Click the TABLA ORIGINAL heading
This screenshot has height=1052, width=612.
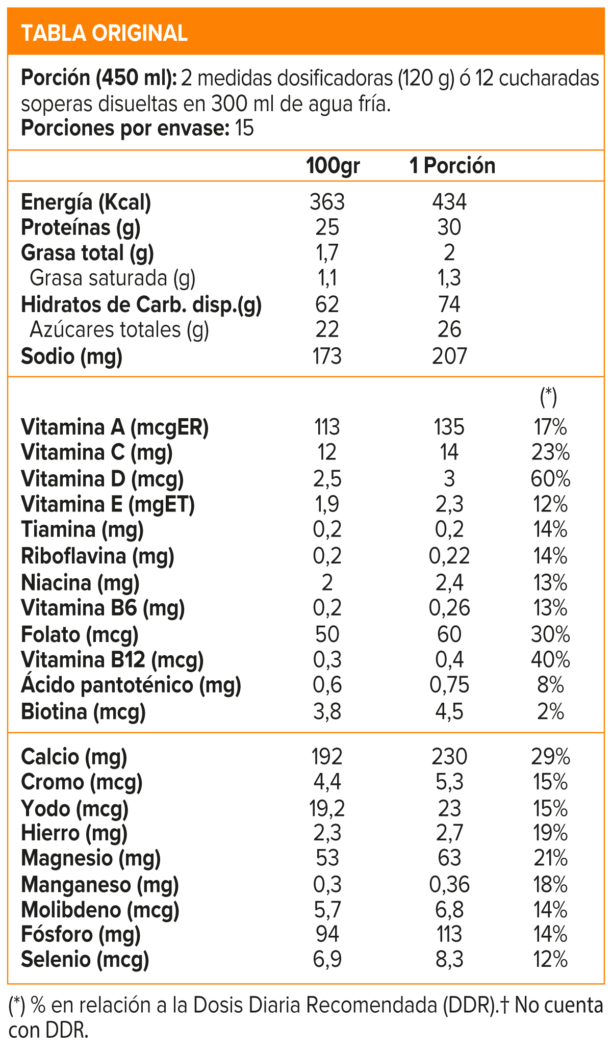coord(105,33)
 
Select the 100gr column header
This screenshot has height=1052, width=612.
coord(333,166)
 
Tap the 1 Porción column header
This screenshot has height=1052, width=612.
coord(452,166)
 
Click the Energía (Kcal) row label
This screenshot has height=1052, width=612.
coord(86,202)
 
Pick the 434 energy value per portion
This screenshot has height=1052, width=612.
coord(449,202)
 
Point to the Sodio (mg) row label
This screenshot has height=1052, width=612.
coord(71,356)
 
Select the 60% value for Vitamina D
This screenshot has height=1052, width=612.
coord(550,479)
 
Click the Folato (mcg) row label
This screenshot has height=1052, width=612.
coord(80,634)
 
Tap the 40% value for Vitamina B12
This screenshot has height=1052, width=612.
coord(550,660)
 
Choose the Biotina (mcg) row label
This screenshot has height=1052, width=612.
coord(83,711)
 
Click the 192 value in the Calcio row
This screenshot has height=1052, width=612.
coord(327,756)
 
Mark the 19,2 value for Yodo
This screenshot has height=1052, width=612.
coord(327,808)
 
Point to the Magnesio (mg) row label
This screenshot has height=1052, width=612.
coord(91,858)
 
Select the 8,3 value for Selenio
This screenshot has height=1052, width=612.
coord(449,959)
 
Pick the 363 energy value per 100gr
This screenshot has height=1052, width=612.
coord(327,202)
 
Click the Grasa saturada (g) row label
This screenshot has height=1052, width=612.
coord(113,278)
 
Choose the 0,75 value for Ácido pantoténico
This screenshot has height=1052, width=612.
coord(449,685)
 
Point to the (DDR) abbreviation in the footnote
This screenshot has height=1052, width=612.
coord(470,1006)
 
